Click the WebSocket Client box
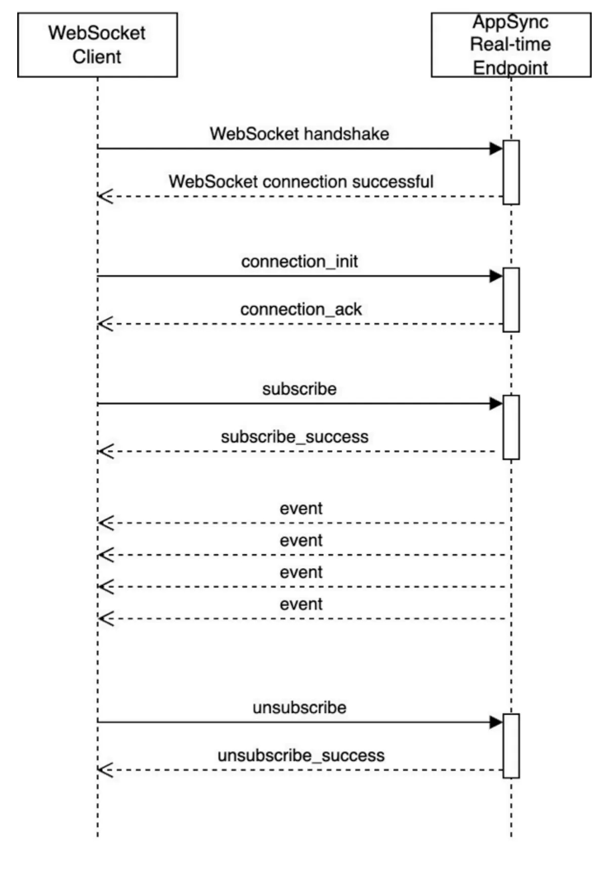(97, 45)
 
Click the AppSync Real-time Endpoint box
(511, 45)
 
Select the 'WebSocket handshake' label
(299, 134)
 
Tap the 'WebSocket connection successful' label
(301, 182)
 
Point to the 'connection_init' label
(299, 262)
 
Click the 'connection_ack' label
(301, 309)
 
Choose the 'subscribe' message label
(299, 389)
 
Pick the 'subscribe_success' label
(294, 437)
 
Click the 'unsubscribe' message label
(299, 708)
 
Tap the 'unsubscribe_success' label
(301, 756)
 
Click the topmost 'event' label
(301, 509)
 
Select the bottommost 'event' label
(301, 604)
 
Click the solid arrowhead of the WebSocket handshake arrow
(496, 149)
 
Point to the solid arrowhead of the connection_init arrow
(496, 276)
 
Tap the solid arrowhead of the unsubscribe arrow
(496, 722)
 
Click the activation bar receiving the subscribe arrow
(511, 427)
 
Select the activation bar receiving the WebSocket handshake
(511, 172)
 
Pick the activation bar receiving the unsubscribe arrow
(511, 746)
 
